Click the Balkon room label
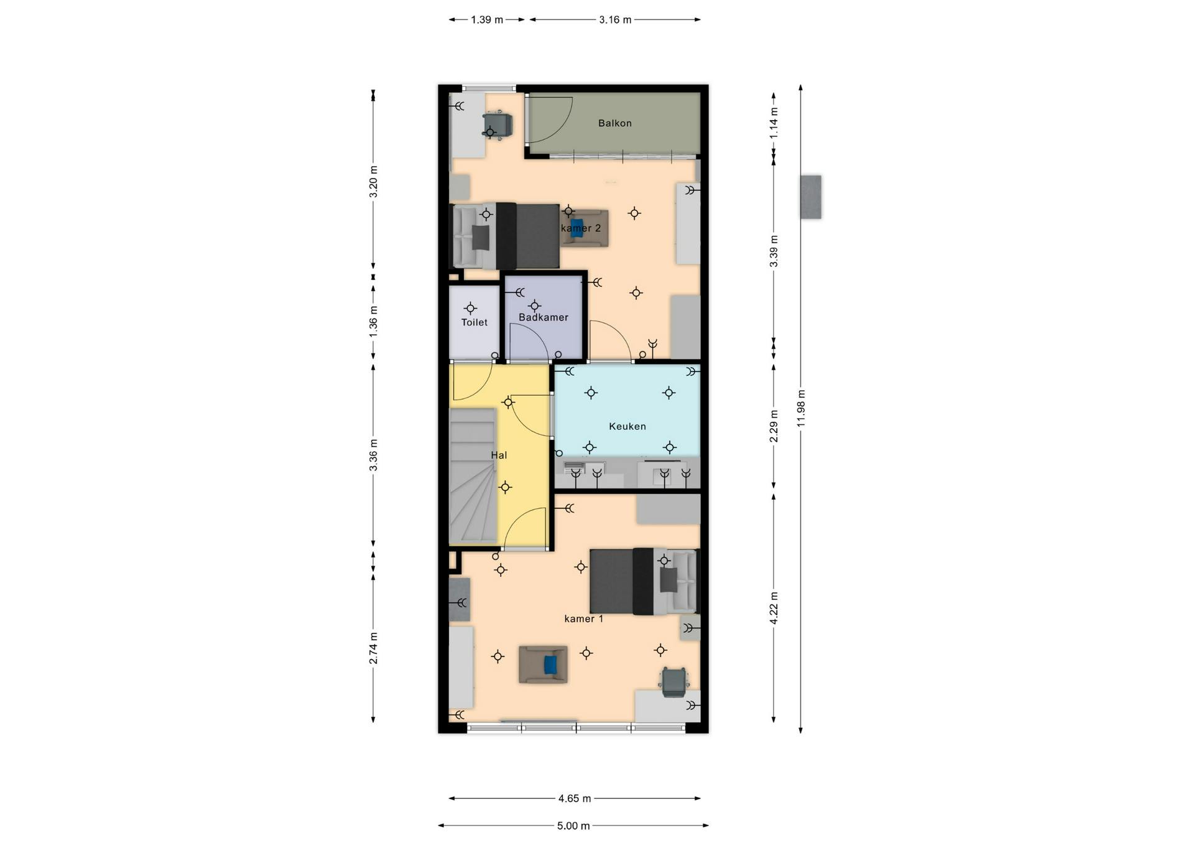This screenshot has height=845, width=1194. (x=614, y=123)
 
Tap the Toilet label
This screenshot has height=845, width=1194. (x=474, y=322)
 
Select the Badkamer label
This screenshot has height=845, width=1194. (x=544, y=317)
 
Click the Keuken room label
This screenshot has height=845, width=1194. (x=627, y=426)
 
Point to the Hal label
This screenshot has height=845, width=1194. (x=499, y=455)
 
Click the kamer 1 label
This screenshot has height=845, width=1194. (x=583, y=619)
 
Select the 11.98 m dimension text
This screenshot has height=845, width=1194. (x=801, y=408)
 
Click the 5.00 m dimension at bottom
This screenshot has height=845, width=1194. (x=573, y=826)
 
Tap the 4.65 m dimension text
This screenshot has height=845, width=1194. (x=574, y=798)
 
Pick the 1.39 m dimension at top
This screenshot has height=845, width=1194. (x=486, y=20)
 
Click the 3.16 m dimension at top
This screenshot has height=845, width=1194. (x=615, y=20)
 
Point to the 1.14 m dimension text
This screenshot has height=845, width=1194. (x=774, y=123)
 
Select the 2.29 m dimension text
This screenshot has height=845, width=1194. (x=774, y=426)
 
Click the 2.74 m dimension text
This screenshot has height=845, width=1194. (x=373, y=648)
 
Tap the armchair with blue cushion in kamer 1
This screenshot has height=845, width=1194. (x=544, y=665)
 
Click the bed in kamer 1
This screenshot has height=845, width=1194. (x=644, y=581)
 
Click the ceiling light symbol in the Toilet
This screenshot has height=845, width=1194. (x=471, y=308)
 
